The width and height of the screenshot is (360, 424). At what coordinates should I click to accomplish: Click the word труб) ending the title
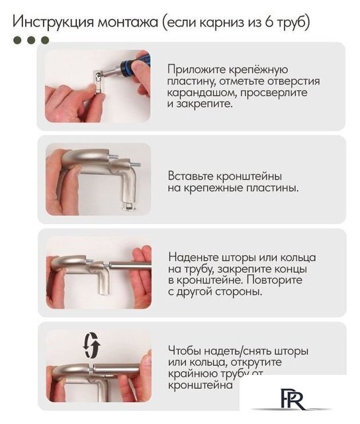pyautogui.click(x=294, y=21)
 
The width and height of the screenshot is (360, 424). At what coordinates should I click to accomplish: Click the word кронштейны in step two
pyautogui.click(x=250, y=176)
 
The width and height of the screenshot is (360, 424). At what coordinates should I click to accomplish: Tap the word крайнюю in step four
pyautogui.click(x=194, y=374)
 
